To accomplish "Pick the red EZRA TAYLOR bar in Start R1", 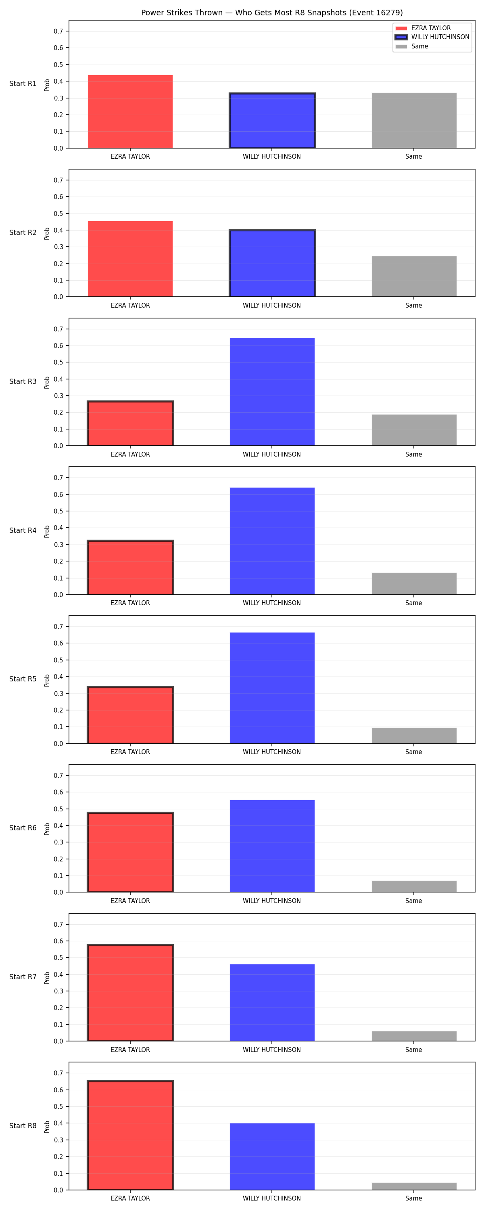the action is tap(130, 111).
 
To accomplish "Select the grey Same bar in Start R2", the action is tap(414, 277).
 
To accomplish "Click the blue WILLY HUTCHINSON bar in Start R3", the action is tap(272, 392).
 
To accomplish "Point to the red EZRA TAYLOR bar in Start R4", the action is tap(130, 568).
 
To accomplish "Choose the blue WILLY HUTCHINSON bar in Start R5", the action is tap(272, 688).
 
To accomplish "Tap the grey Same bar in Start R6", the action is tap(414, 886).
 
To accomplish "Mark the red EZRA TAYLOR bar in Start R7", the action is tap(130, 992).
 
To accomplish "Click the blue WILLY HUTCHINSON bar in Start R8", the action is tap(272, 1157).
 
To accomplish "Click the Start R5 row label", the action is tap(23, 679).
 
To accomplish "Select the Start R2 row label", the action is tap(23, 232).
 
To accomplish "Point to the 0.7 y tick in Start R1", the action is tap(58, 31).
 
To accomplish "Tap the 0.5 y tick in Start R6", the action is tap(58, 809).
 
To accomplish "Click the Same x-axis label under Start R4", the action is tap(413, 603).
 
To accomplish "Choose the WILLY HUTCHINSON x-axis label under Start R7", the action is tap(271, 1049).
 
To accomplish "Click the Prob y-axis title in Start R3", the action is tap(47, 382).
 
